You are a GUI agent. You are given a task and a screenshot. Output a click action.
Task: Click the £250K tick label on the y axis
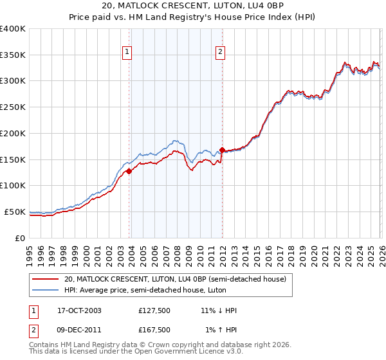tap(13, 107)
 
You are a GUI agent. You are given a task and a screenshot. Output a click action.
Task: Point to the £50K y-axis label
tap(15, 212)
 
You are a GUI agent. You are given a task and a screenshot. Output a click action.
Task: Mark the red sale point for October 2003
tap(129, 171)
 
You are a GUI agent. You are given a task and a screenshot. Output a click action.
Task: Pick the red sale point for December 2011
tap(222, 150)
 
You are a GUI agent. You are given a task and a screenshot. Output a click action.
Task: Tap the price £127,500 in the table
tap(154, 310)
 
